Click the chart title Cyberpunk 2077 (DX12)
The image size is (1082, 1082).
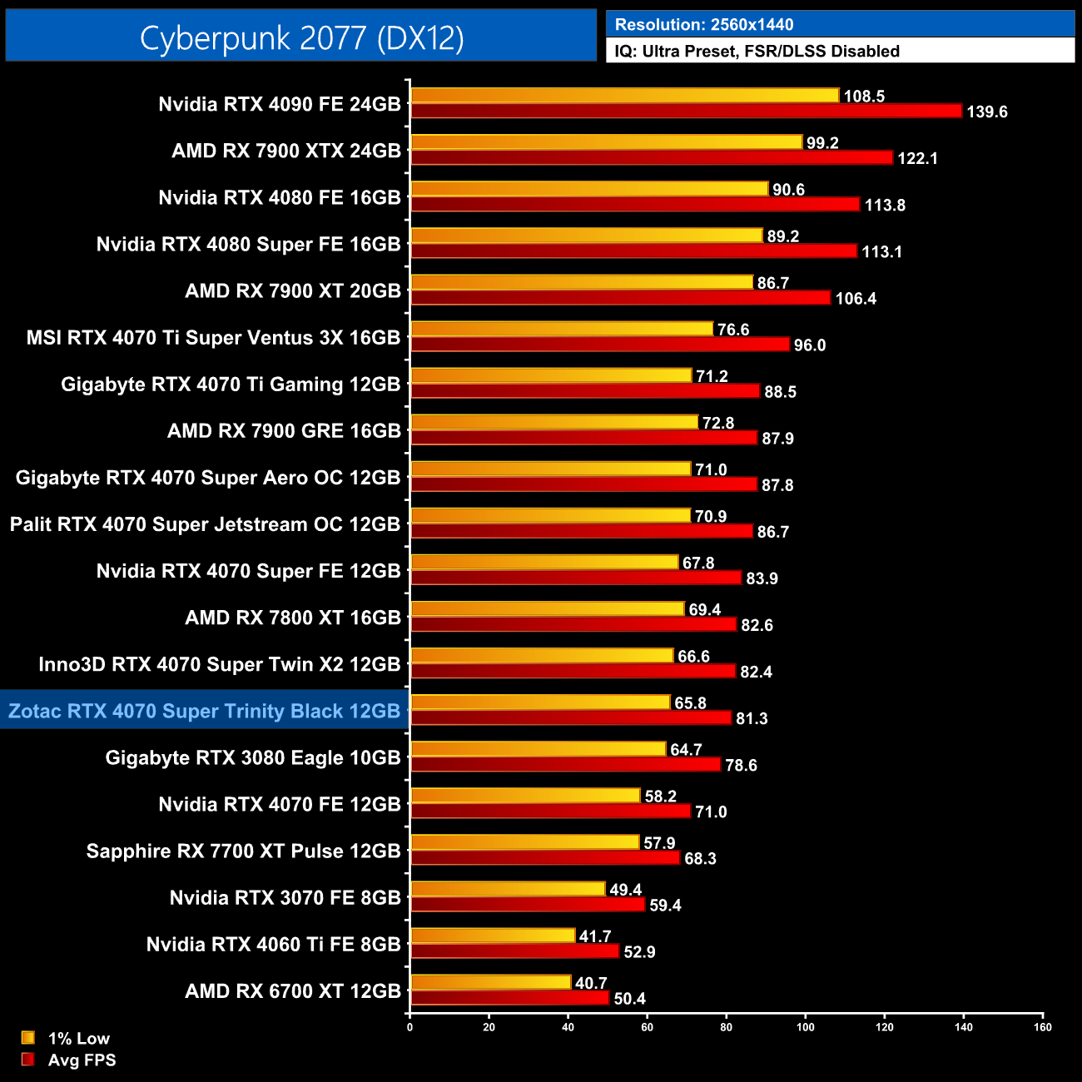[301, 37]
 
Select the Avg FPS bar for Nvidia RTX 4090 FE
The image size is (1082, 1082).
[686, 111]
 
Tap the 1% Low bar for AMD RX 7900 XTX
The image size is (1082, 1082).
[606, 142]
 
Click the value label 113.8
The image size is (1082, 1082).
[885, 205]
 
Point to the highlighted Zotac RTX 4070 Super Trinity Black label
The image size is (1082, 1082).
[205, 711]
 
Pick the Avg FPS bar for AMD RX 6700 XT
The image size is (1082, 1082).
[509, 998]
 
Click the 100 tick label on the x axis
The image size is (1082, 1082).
[806, 1027]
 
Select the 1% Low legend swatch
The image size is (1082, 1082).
[28, 1038]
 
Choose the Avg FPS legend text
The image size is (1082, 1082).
[82, 1060]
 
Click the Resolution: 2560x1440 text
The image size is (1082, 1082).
[704, 24]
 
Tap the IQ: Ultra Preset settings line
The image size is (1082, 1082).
[757, 51]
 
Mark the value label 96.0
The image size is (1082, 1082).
[809, 345]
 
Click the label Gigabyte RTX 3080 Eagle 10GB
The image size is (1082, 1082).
[253, 757]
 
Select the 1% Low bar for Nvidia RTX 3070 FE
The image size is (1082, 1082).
[508, 889]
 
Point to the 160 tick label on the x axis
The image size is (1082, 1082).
[1043, 1027]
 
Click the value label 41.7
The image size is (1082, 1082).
[595, 936]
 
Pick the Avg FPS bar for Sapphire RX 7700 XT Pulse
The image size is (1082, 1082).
[545, 857]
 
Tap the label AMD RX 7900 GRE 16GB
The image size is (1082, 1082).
[284, 430]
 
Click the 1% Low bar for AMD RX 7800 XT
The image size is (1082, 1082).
[547, 609]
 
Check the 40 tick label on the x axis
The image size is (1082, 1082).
[568, 1027]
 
